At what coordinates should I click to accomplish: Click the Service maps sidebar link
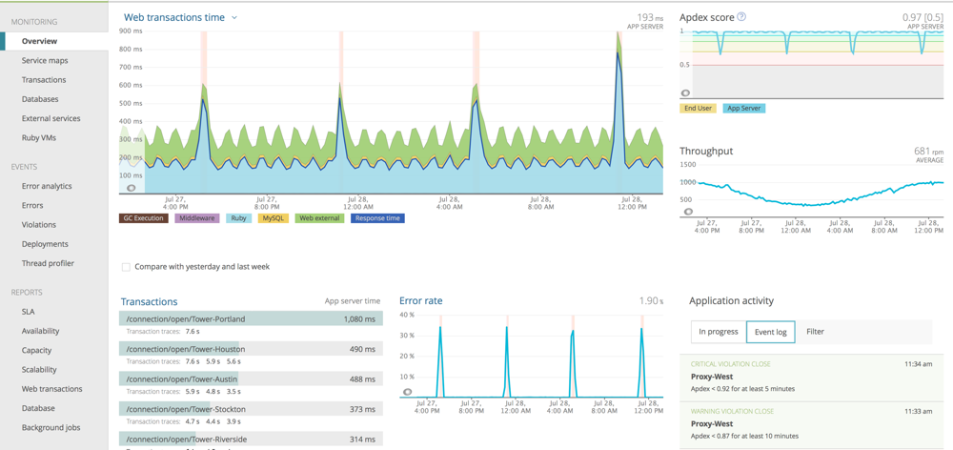(45, 61)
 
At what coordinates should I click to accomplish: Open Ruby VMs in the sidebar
(39, 138)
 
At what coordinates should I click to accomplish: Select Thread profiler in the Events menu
(48, 263)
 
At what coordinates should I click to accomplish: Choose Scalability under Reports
(39, 370)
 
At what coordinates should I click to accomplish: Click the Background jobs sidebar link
(51, 428)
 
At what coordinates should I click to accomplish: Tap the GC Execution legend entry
(143, 218)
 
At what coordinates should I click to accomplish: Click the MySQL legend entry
(274, 218)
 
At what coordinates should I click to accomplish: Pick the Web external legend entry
(319, 218)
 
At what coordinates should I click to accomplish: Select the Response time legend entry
(377, 218)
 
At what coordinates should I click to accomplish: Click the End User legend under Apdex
(698, 109)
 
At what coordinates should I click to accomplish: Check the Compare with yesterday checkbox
(126, 267)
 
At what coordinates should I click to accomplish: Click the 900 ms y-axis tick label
(131, 31)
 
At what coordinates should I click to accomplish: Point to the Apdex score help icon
(741, 17)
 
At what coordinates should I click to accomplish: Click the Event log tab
(770, 332)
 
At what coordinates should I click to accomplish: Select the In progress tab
(719, 332)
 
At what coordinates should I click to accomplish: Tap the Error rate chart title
(420, 301)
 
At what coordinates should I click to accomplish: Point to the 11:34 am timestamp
(919, 364)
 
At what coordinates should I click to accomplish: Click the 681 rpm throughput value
(928, 151)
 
